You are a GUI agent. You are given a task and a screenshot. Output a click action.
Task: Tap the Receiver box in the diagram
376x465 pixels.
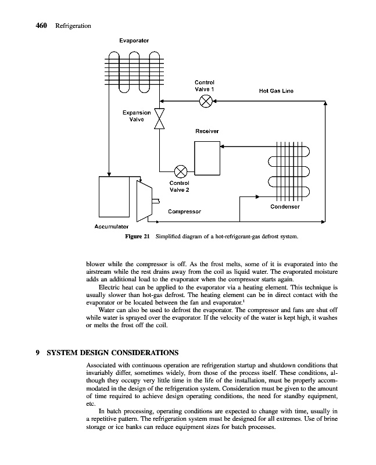pos(207,158)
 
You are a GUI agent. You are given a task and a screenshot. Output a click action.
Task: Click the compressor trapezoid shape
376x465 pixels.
pos(143,200)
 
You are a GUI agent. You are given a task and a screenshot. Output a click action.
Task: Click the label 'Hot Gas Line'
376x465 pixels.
pos(276,91)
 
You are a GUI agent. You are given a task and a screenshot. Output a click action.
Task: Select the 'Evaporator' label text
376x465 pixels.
pos(134,41)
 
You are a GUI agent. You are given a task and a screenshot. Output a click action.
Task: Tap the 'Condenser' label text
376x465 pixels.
pos(285,207)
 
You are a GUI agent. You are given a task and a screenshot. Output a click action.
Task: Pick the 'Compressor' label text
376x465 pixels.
pos(184,212)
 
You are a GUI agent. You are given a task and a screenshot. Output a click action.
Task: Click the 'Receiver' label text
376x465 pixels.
pos(207,131)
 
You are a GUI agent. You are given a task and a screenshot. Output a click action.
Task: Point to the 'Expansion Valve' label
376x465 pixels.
pos(137,116)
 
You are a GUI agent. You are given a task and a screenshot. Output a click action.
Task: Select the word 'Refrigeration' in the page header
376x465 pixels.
pos(73,26)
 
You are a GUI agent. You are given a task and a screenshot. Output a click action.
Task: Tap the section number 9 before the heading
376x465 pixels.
pos(37,352)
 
